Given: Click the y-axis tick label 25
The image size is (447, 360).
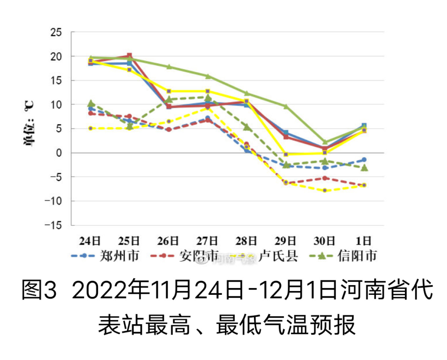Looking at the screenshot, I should pyautogui.click(x=56, y=32).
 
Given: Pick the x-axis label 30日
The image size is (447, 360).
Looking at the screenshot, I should pyautogui.click(x=325, y=241).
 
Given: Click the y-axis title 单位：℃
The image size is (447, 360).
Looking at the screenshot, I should pyautogui.click(x=29, y=123).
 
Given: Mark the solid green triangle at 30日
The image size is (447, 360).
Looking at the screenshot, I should pyautogui.click(x=325, y=142).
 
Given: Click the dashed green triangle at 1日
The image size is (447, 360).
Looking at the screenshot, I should pyautogui.click(x=364, y=168).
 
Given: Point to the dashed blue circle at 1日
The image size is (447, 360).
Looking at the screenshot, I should pyautogui.click(x=364, y=160).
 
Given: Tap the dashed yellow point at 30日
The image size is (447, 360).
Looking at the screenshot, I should pyautogui.click(x=325, y=190).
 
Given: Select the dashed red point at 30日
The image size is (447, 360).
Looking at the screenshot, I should pyautogui.click(x=325, y=178).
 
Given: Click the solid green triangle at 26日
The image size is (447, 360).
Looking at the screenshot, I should pyautogui.click(x=169, y=67).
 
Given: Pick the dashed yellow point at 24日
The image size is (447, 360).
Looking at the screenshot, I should pyautogui.click(x=91, y=128).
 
